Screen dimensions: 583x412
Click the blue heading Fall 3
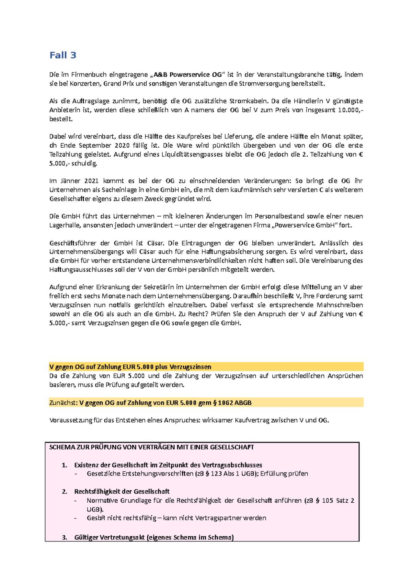63,55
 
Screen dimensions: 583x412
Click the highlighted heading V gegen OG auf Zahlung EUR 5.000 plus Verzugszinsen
130,367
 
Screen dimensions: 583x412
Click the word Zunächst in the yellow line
63,403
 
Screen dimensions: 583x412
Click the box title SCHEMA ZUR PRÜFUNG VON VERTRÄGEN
151,447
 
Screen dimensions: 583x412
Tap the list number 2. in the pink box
65,492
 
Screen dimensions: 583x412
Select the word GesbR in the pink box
96,518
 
